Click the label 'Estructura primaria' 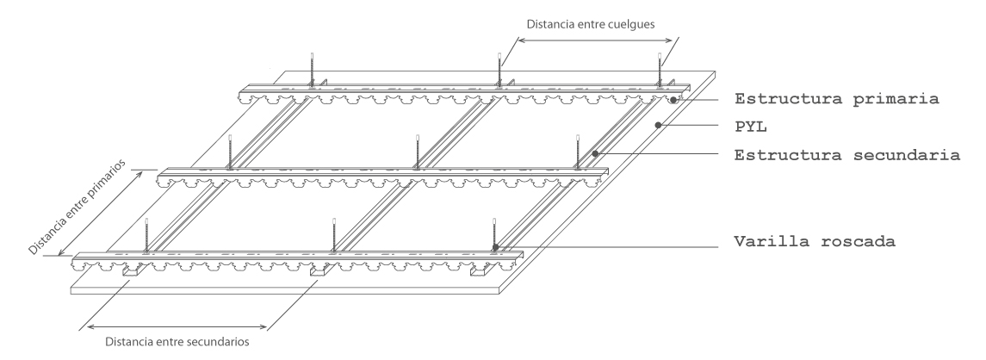pos(836,99)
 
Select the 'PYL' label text pos(751,127)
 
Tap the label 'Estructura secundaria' pos(847,155)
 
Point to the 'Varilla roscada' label pos(815,242)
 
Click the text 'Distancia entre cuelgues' pos(591,25)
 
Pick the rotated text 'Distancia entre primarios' pos(77,207)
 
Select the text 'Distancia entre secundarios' pos(177,343)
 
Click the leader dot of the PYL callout pos(658,125)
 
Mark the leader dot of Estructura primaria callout pos(673,99)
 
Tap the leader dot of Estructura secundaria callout pos(595,153)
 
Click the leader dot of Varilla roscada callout pos(495,246)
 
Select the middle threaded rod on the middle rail pos(418,152)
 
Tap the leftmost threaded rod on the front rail pos(146,235)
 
